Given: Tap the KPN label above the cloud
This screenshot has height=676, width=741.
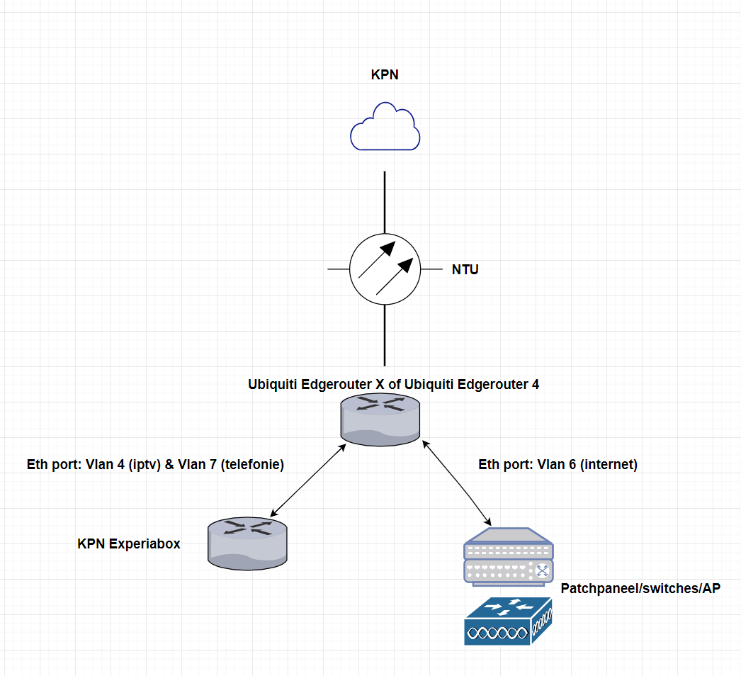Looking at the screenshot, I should pos(385,74).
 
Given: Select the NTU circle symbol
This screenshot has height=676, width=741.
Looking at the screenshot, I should pos(385,270).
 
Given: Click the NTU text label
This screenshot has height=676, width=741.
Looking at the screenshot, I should pos(465,270).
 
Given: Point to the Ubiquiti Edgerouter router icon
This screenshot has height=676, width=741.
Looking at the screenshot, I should pos(381,421).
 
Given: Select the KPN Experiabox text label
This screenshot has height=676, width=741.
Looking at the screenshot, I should pos(129,544).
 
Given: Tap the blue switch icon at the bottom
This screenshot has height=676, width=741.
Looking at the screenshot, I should pos(507,621).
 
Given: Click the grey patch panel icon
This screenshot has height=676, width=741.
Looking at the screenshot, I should pos(507,557).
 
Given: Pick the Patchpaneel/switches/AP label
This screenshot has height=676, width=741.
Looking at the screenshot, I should pos(640,589).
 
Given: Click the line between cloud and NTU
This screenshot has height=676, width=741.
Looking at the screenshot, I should pos(385,202).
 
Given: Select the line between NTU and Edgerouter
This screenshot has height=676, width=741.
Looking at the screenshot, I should pos(385,334).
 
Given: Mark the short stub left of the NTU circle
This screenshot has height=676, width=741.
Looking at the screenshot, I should pos(338,270).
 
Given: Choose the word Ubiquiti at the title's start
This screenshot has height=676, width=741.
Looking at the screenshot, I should pos(273,385).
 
